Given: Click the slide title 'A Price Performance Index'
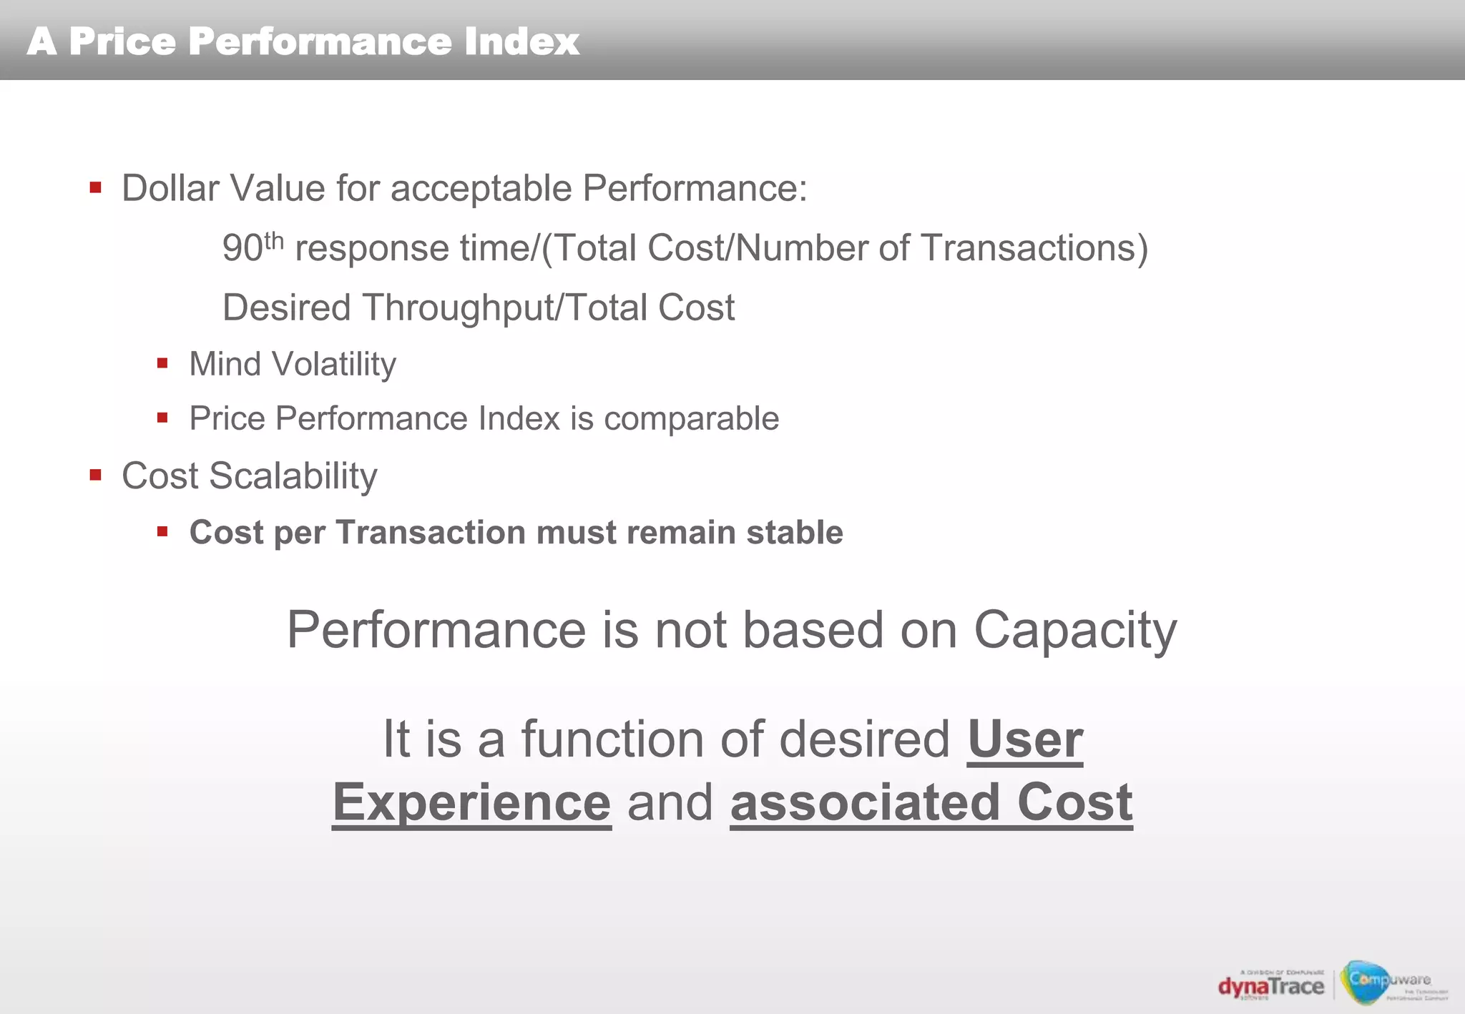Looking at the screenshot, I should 303,41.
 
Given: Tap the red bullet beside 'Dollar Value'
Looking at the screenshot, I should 96,188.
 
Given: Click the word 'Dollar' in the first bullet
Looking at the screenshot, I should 170,189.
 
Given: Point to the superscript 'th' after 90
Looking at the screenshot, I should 274,241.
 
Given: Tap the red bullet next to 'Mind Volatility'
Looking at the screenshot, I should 162,363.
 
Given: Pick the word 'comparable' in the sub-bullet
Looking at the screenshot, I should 691,419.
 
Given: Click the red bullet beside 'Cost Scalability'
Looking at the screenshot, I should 96,475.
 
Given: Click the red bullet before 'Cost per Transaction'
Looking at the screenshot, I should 162,531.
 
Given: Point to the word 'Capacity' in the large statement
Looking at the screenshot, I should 1074,631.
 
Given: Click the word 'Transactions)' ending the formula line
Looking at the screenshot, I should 1034,249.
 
